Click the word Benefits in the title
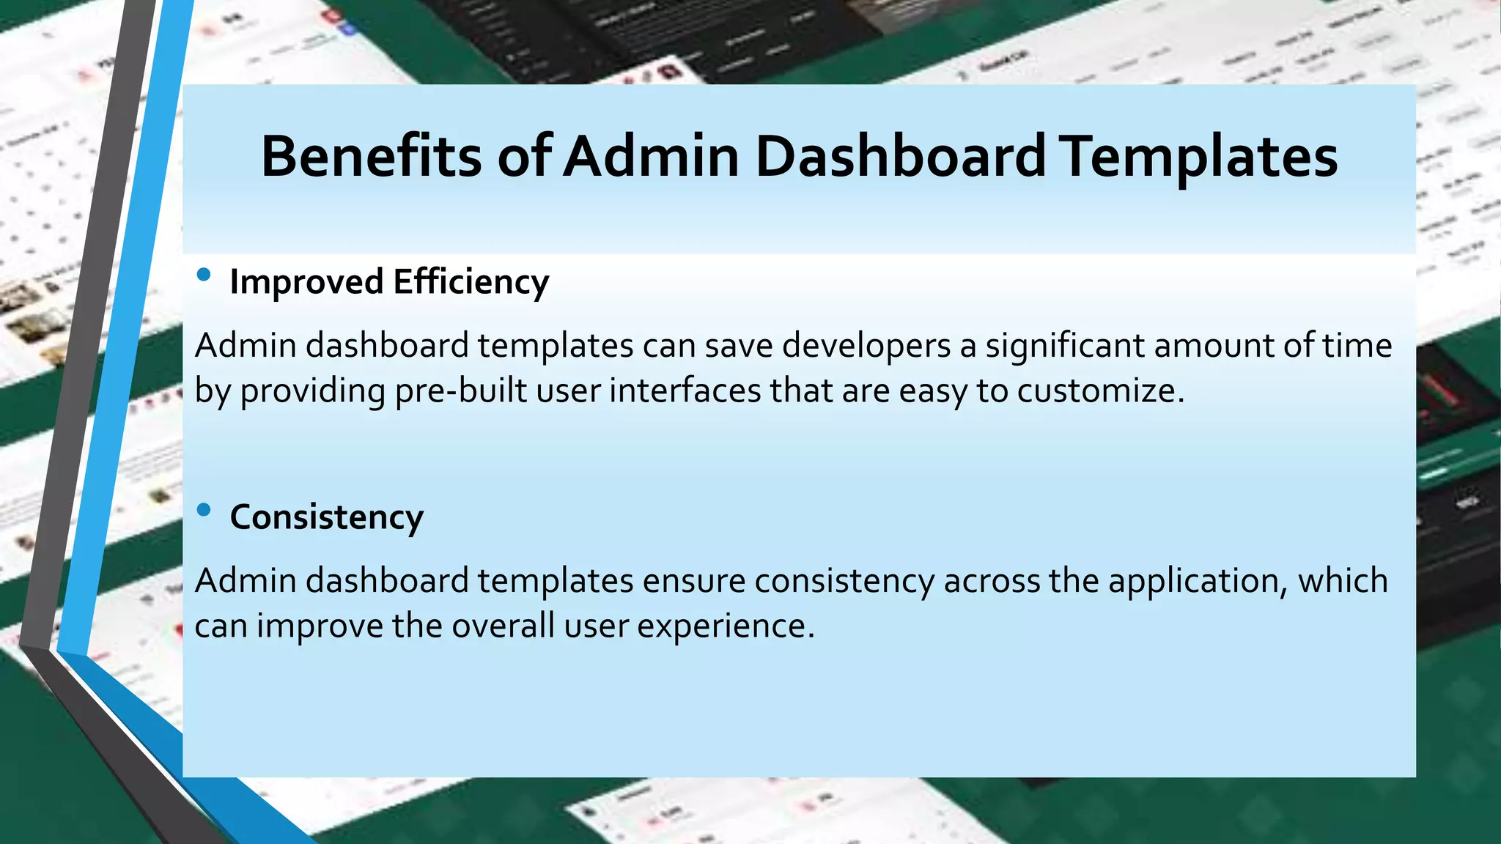371,156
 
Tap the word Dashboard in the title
900,156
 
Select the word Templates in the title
1201,156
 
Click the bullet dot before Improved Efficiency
204,275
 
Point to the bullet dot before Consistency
204,509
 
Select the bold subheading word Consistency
327,517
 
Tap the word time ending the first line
1357,345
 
